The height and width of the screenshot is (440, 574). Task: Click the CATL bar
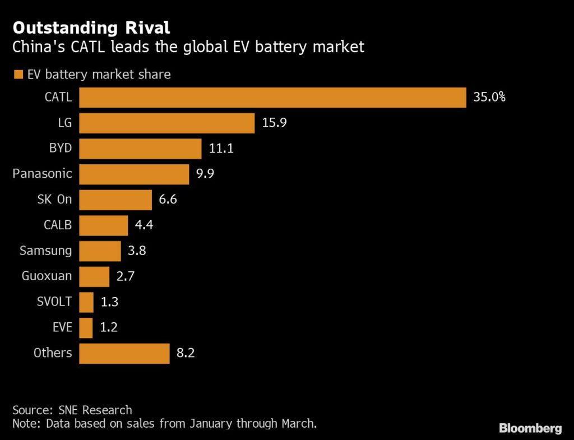[x=272, y=98]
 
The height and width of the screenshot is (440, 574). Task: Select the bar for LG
[x=166, y=123]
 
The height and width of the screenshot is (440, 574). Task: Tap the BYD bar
[x=140, y=149]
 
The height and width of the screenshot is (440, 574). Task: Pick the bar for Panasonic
[x=134, y=174]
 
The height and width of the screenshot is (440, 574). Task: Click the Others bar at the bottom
[x=124, y=353]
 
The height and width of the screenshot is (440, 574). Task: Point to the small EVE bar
[x=86, y=327]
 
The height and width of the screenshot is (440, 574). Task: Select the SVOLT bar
[x=86, y=302]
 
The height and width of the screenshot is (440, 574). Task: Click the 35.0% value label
[x=489, y=98]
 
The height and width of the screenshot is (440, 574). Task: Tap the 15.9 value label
[x=274, y=123]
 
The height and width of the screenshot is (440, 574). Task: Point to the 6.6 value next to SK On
[x=168, y=200]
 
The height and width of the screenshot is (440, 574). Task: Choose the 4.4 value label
[x=144, y=225]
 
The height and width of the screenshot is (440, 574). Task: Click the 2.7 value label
[x=126, y=276]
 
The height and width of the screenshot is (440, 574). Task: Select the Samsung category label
[x=46, y=251]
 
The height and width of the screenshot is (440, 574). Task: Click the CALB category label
[x=58, y=225]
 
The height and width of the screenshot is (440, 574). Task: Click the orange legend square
[x=17, y=74]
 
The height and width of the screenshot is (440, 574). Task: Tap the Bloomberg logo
[x=530, y=428]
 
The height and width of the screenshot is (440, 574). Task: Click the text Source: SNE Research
[x=72, y=410]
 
